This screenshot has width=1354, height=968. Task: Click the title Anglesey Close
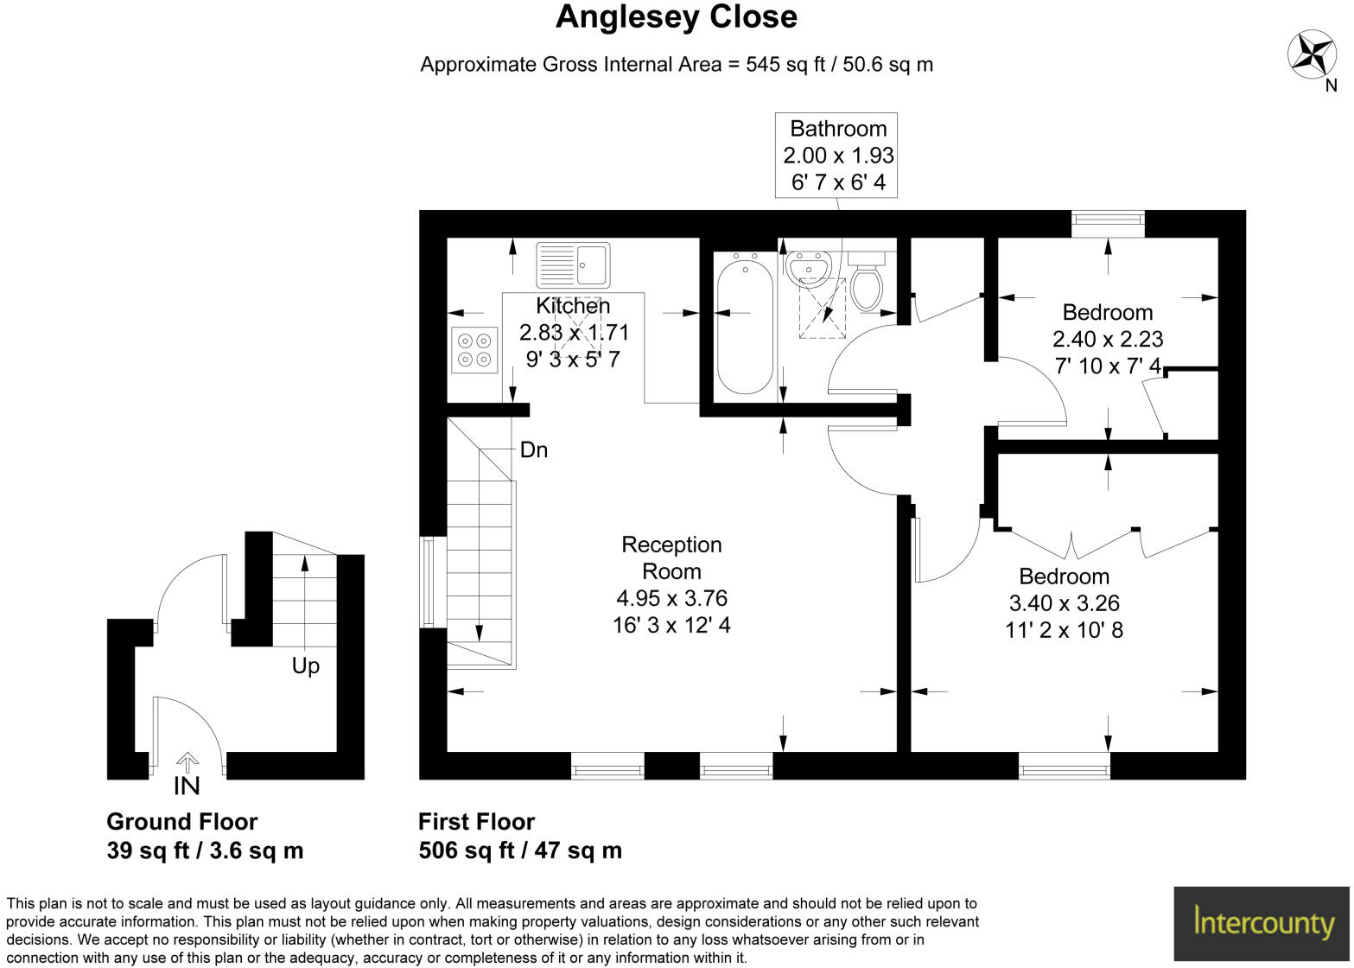[x=676, y=17]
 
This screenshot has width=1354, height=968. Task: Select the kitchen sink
[x=573, y=264]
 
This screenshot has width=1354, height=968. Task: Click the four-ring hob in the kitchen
[x=474, y=350]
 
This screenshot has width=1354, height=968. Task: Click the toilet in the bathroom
[x=866, y=282]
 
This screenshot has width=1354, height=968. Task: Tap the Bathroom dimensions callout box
[x=836, y=155]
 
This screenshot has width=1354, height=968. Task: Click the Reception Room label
[x=671, y=557]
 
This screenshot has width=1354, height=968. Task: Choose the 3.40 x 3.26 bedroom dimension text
[x=1064, y=603]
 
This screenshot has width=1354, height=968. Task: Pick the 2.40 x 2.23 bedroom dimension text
[x=1107, y=340]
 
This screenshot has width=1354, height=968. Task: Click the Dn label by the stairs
[x=534, y=450]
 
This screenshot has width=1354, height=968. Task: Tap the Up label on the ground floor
[x=305, y=666]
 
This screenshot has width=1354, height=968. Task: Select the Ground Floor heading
[x=181, y=822]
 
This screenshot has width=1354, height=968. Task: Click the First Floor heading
[x=476, y=822]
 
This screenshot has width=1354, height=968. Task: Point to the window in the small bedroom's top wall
[x=1108, y=223]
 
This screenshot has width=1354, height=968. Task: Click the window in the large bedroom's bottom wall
[x=1064, y=766]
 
